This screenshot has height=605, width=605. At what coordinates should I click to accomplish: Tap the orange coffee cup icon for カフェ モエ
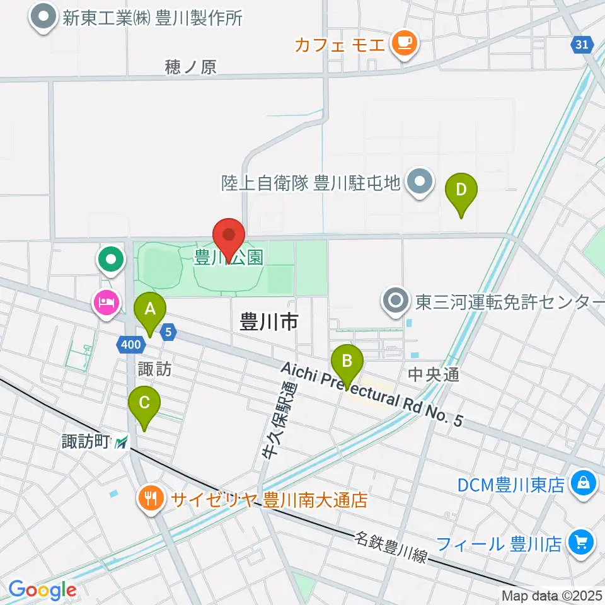(403, 42)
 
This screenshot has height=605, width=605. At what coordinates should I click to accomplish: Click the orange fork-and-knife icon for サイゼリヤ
(151, 500)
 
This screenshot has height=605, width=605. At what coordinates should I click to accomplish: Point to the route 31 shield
(582, 43)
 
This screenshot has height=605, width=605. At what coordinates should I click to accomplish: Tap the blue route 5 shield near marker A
(168, 330)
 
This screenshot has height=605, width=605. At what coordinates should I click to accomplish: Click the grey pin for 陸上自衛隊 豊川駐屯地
(418, 183)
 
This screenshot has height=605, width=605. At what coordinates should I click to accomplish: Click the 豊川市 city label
(268, 323)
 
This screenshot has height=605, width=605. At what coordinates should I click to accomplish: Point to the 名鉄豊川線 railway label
(391, 548)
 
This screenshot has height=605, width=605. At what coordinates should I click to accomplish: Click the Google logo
(42, 591)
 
